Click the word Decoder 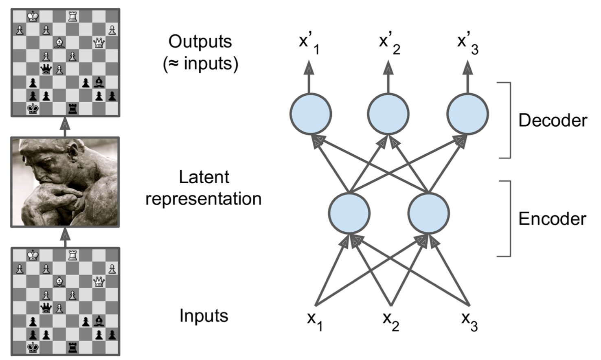553,121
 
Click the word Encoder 552,219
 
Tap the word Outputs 200,42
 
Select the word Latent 204,177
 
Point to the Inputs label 204,316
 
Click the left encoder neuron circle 349,213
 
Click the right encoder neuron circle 428,213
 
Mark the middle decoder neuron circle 388,114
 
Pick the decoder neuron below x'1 311,114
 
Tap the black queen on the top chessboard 46,70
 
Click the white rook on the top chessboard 72,17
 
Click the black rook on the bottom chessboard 72,348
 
